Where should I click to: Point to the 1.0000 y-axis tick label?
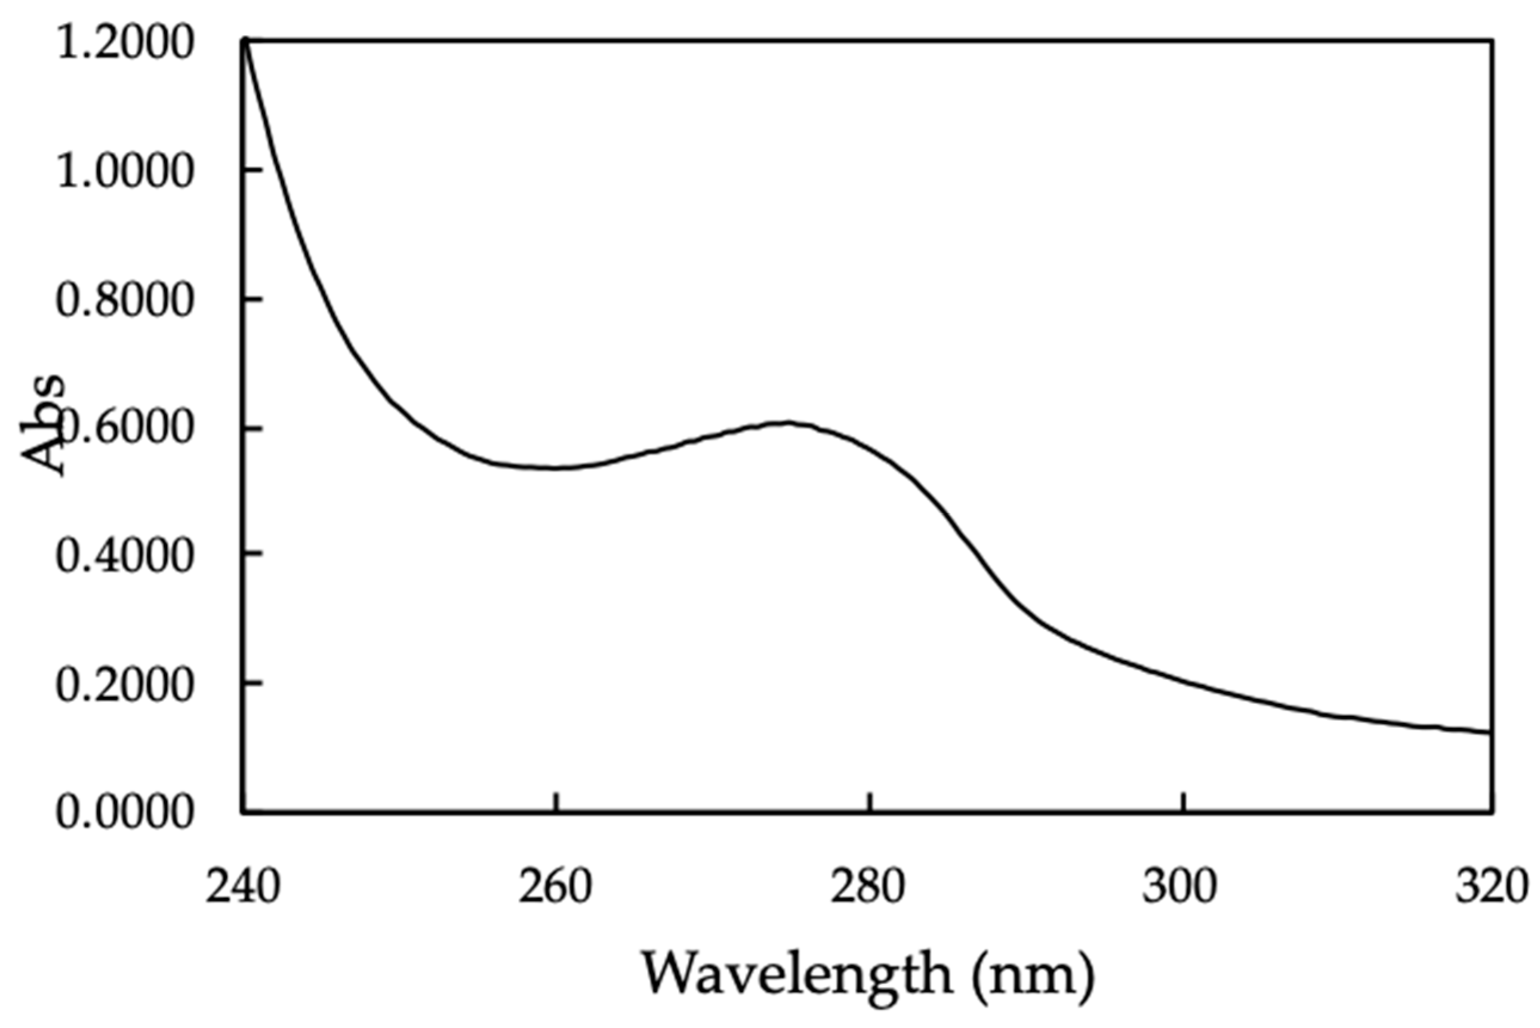tap(125, 174)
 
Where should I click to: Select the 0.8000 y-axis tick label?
tap(125, 301)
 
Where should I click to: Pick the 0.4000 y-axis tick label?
tap(125, 557)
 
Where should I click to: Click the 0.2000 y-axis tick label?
tap(125, 686)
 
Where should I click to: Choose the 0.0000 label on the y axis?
tap(125, 814)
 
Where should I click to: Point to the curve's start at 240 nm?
tap(245, 41)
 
